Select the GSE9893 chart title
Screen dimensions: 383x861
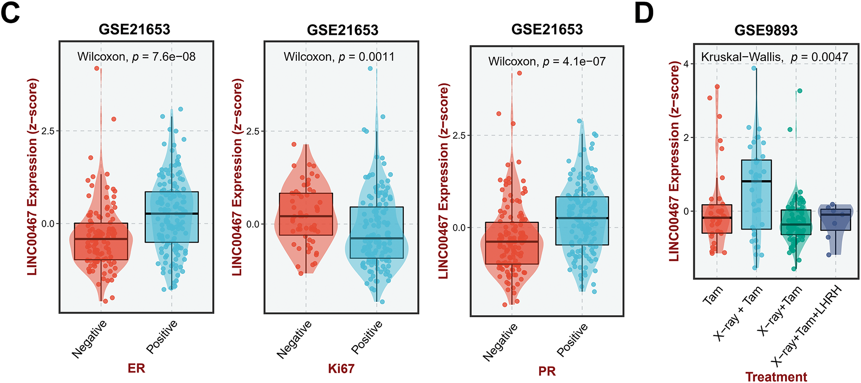[765, 30]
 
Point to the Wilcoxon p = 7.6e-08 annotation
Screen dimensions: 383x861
[136, 57]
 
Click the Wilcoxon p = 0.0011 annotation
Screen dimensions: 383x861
[339, 57]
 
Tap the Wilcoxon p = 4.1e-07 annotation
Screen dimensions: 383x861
[547, 61]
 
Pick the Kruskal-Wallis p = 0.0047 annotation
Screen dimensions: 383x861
[774, 57]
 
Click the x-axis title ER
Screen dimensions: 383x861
[136, 368]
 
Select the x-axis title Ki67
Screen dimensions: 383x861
[341, 369]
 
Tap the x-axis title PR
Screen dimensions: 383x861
[547, 371]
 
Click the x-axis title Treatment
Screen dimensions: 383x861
[776, 377]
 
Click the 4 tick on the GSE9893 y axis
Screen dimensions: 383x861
[686, 64]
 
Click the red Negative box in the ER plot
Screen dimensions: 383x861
[101, 241]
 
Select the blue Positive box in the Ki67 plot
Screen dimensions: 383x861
[377, 232]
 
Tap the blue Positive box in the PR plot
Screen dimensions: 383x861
[582, 221]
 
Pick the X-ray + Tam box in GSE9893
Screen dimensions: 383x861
[756, 195]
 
